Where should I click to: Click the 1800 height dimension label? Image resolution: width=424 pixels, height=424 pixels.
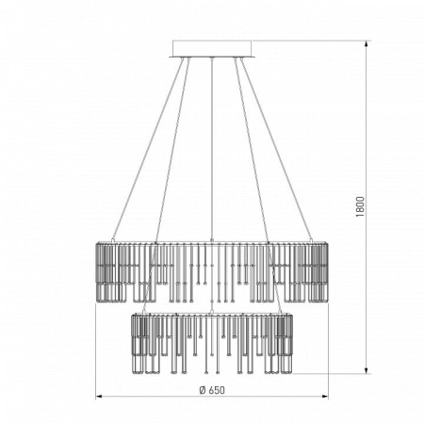360,206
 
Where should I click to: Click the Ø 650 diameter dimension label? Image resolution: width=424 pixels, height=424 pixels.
212,390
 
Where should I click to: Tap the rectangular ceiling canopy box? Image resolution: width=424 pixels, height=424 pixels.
212,48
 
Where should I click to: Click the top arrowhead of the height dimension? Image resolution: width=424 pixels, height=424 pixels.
367,44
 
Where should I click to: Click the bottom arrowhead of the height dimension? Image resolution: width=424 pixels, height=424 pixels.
367,369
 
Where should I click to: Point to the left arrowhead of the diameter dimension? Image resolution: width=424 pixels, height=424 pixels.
100,397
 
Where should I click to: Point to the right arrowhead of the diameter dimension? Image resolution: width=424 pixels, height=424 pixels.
324,397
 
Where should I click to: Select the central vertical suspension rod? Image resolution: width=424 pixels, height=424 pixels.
212,149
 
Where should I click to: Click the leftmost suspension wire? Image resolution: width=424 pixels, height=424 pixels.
148,149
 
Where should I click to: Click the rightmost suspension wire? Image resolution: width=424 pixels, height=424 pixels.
276,149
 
